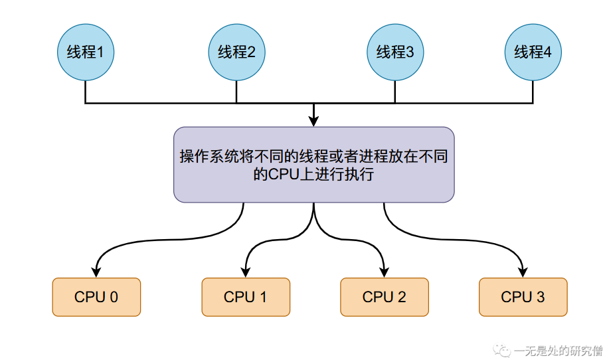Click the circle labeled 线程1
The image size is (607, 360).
point(86,52)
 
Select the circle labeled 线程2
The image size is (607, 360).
point(236,52)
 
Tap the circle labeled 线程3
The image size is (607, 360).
point(395,52)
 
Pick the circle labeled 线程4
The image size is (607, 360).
point(533,52)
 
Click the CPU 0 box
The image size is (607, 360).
point(96,297)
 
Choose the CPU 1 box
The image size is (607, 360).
point(246,297)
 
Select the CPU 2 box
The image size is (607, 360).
point(385,297)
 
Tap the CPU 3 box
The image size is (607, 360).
point(523,297)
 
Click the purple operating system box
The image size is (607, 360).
point(313,165)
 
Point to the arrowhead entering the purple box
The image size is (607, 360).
point(313,122)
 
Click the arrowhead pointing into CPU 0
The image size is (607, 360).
point(97,272)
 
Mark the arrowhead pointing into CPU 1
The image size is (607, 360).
point(246,272)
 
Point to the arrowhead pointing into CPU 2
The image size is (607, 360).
point(385,272)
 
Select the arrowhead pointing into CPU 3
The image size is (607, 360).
point(523,272)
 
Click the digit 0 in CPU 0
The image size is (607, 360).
point(114,297)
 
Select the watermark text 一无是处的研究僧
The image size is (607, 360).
point(559,350)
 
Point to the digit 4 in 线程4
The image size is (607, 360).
point(548,52)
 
